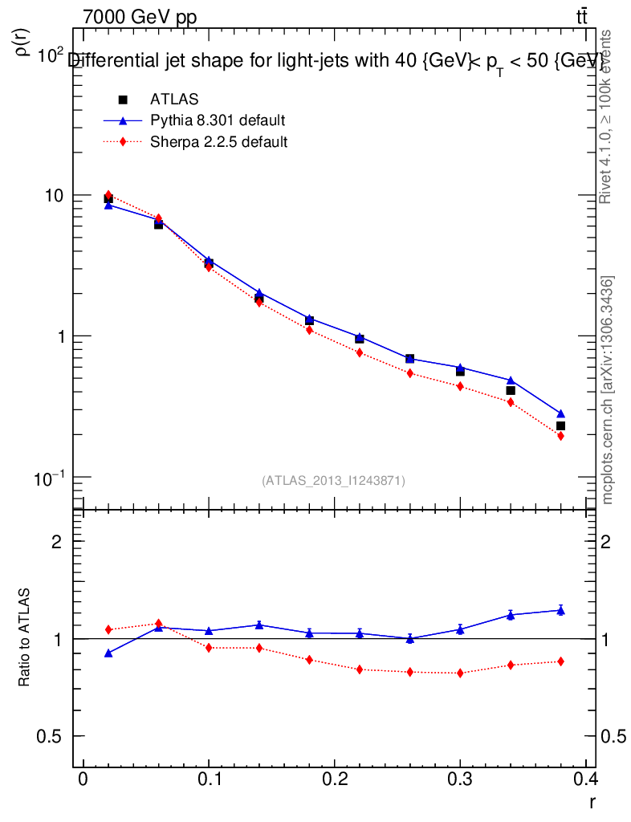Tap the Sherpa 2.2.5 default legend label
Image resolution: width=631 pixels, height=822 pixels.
pos(219,142)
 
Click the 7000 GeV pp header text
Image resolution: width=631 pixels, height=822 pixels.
pos(140,18)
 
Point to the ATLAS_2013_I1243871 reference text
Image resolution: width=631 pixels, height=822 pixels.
pos(333,480)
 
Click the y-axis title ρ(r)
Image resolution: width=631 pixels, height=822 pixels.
pos(23,40)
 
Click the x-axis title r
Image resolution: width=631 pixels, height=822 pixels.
pos(592,801)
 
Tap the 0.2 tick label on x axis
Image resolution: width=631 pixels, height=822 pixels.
pos(333,779)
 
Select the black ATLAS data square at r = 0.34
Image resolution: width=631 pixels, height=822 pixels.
pos(511,390)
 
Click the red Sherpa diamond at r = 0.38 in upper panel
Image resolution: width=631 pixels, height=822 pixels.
pos(560,436)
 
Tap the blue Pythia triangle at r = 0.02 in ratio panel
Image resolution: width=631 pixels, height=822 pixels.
pos(108,653)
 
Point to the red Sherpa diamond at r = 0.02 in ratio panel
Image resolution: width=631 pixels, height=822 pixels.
pos(108,629)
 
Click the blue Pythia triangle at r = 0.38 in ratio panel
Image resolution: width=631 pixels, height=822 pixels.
pos(560,610)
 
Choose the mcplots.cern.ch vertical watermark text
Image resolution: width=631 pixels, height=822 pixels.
pos(608,390)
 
